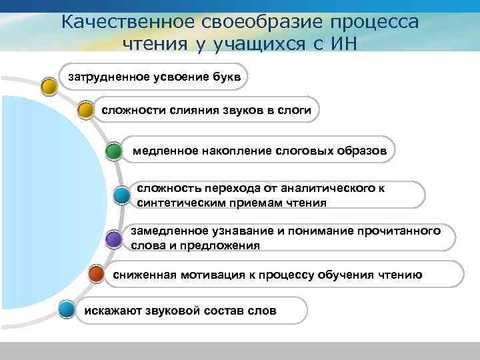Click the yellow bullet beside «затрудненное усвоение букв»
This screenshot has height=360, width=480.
(x=49, y=87)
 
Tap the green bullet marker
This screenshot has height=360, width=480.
(x=114, y=151)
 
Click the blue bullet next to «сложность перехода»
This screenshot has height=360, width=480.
(x=121, y=195)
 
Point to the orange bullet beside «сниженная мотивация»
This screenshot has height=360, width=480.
(x=97, y=273)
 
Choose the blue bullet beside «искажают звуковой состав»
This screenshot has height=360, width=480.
(x=66, y=309)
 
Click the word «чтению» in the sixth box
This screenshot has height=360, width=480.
(x=399, y=274)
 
